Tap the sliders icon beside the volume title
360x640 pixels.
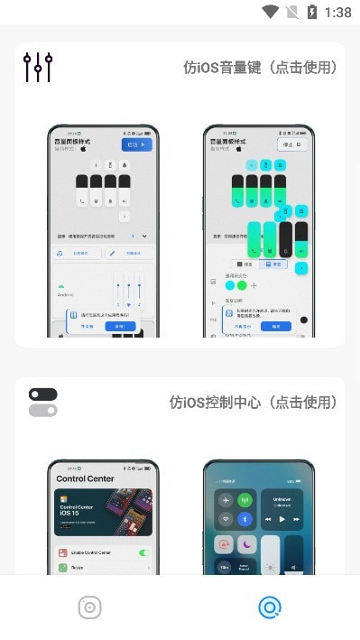pos(38,68)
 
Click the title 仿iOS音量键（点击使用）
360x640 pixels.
pos(260,68)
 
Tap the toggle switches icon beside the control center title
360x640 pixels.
pos(42,403)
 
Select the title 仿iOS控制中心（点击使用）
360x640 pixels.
pos(254,403)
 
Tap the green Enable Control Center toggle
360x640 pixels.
pos(144,552)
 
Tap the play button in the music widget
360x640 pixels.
pos(282,520)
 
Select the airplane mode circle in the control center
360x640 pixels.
pos(223,500)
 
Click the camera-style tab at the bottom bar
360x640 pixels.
pos(89,608)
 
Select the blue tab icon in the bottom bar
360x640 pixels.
pos(269,608)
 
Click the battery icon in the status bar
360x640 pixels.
pos(312,13)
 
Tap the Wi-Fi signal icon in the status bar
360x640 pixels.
pos(270,13)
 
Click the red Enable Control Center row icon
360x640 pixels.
pos(63,552)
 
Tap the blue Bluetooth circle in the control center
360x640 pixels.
pos(245,520)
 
